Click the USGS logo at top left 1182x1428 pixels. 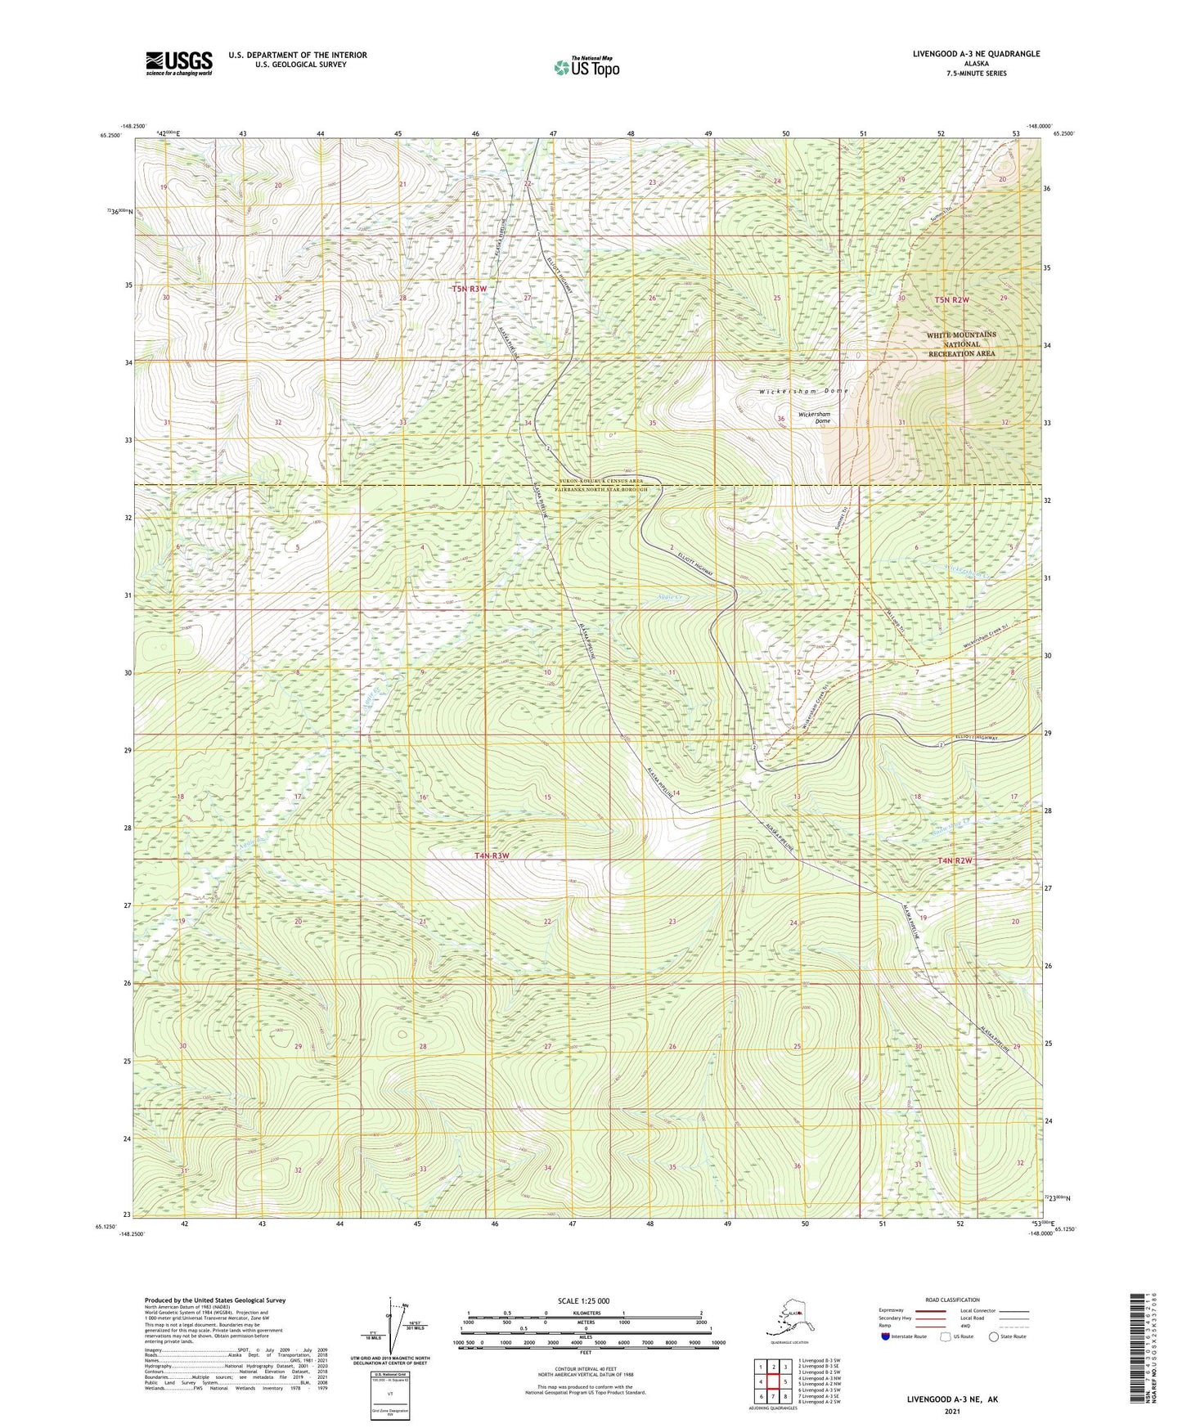179,63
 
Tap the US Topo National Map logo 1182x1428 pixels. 586,67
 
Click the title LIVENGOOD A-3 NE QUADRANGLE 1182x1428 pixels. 976,54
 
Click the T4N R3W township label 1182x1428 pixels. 492,855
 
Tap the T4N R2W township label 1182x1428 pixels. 955,860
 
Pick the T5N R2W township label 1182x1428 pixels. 951,300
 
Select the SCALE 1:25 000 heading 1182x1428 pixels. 584,1301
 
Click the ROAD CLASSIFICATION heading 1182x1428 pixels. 952,1300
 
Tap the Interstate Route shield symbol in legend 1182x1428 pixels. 885,1336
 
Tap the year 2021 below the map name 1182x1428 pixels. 951,1412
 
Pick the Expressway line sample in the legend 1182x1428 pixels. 930,1310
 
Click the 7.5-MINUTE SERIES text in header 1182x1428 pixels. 976,74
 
